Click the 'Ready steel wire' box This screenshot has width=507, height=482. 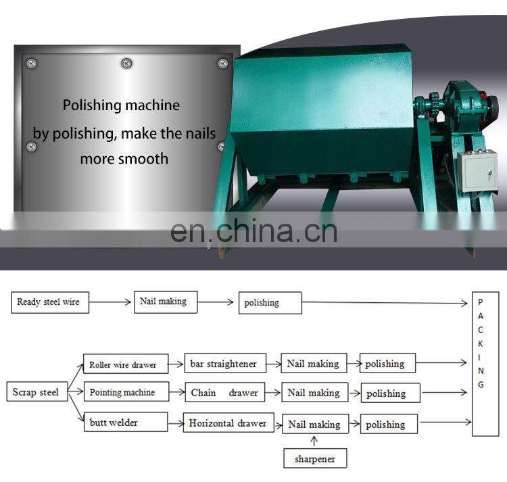pos(49,302)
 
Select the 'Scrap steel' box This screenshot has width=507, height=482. pos(36,392)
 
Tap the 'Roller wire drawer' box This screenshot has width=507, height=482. pos(123,364)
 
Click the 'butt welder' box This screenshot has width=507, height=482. pos(124,423)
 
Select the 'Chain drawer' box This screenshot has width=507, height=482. pos(224,393)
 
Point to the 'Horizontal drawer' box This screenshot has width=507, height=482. pos(228,423)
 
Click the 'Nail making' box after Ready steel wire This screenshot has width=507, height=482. pos(166,302)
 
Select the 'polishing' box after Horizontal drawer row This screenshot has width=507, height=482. pos(387,425)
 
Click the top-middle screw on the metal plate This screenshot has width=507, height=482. pos(125,64)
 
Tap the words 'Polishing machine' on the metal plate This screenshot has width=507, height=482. pos(122,105)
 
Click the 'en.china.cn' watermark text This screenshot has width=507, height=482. pos(254,231)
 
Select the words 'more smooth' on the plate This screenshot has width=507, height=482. pos(124,159)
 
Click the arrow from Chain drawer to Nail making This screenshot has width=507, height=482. pos(272,393)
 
